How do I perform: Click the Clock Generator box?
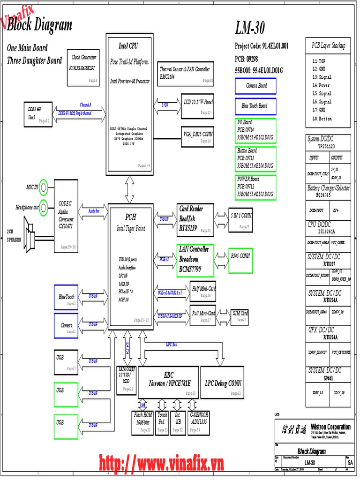tap(83, 67)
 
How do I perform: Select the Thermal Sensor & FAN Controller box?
tap(186, 74)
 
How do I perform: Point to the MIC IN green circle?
tap(44, 187)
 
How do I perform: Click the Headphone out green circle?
tap(44, 207)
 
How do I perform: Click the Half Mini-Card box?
tap(202, 292)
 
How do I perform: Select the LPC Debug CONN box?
tap(223, 382)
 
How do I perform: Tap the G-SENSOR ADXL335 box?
tap(199, 423)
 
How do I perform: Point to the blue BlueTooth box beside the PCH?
tap(66, 297)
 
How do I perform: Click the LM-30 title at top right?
tap(250, 29)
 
